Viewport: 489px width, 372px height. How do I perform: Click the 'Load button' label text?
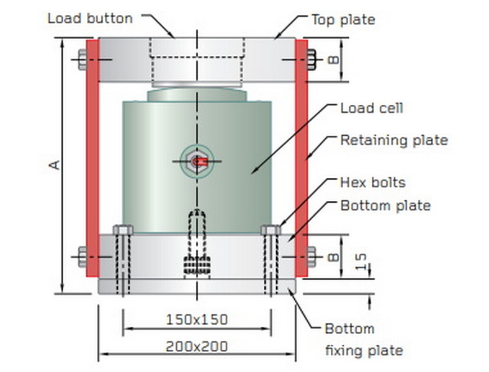90,19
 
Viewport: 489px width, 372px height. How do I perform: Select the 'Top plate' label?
343,19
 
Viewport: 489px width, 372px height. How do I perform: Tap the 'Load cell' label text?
372,108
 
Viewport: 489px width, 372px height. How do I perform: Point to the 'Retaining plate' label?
393,141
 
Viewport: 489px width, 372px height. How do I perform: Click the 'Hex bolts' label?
372,182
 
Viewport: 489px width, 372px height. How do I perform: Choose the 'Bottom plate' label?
385,205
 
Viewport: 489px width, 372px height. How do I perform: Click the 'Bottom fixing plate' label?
363,340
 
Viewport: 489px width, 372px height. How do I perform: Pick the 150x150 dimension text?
197,320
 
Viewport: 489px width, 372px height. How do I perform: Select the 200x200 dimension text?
197,347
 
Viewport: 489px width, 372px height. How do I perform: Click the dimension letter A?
55,164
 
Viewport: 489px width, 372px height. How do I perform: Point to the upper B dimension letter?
333,60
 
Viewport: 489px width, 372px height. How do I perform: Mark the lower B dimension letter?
333,256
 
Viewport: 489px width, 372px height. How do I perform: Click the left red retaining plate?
92,158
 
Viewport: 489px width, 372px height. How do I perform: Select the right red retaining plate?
302,158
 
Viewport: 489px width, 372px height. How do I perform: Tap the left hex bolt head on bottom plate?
123,230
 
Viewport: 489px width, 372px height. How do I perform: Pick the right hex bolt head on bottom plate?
271,230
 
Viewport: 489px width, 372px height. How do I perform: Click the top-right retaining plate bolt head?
312,60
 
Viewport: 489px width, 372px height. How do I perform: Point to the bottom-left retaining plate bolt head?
83,256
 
